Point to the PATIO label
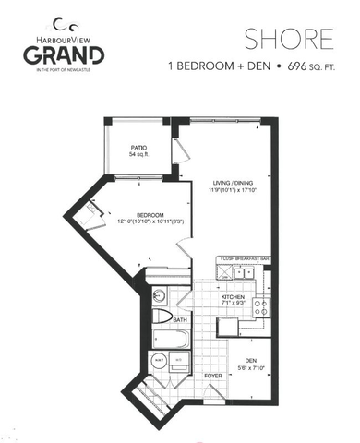(x=139, y=148)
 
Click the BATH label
(x=179, y=321)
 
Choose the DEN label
(x=251, y=360)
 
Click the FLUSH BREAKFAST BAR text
(x=245, y=259)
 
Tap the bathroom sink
(x=158, y=297)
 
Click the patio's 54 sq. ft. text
(x=139, y=155)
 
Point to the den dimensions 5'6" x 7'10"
(x=251, y=367)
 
